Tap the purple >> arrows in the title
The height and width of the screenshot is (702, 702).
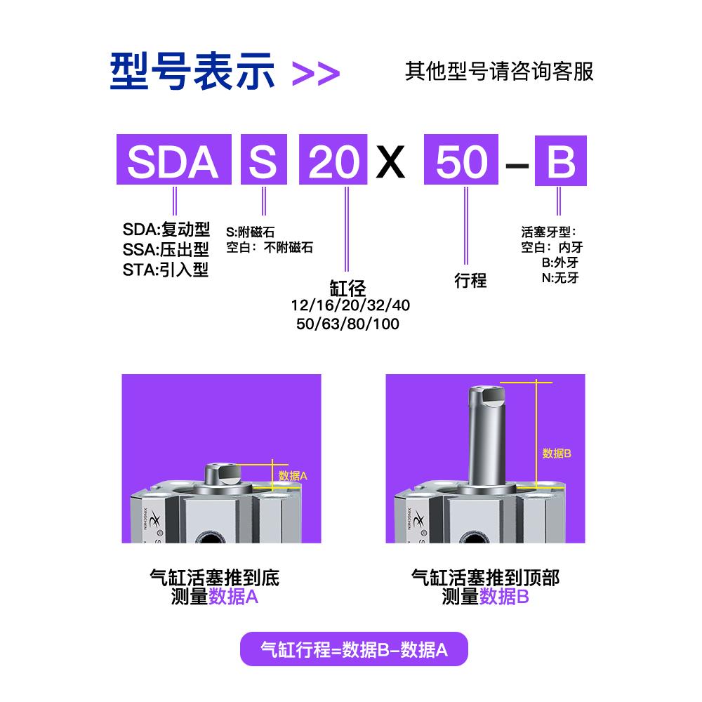pyautogui.click(x=315, y=73)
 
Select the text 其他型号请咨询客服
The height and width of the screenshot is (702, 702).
pyautogui.click(x=499, y=72)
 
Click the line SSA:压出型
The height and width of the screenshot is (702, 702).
pyautogui.click(x=166, y=250)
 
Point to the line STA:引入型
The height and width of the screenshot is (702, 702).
pyautogui.click(x=166, y=270)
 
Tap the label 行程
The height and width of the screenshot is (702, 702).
pyautogui.click(x=470, y=281)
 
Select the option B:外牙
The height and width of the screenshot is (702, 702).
pyautogui.click(x=559, y=263)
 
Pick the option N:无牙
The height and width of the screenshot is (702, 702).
pyautogui.click(x=559, y=278)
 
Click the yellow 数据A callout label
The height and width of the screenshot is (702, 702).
pyautogui.click(x=293, y=475)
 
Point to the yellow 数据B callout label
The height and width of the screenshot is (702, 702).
pyautogui.click(x=557, y=453)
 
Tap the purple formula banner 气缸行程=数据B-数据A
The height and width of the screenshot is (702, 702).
pyautogui.click(x=353, y=650)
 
